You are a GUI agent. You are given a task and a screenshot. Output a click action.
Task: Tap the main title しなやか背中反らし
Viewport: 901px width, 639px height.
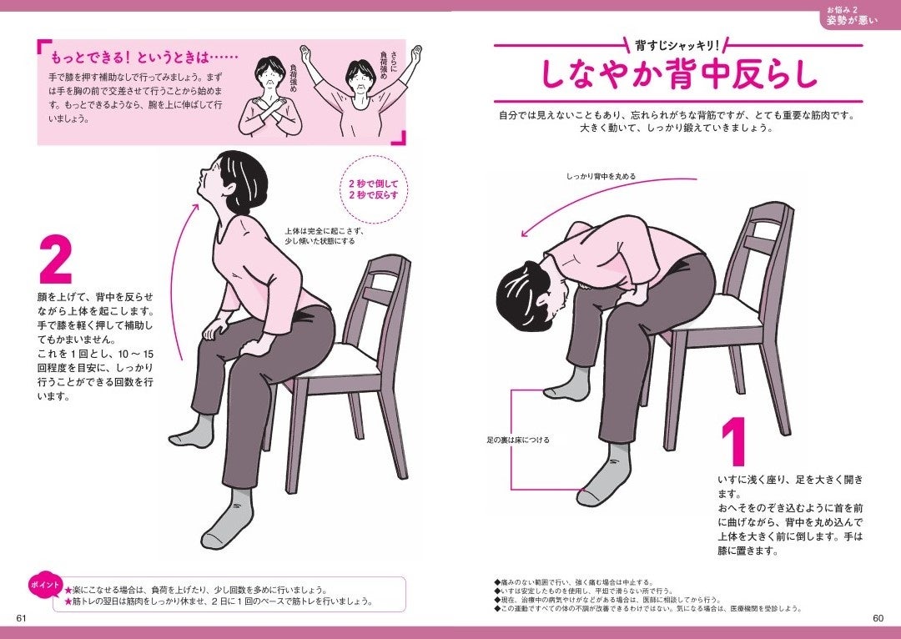pos(678,75)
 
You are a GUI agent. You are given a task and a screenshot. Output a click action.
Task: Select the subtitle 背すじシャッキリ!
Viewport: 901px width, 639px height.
pos(677,43)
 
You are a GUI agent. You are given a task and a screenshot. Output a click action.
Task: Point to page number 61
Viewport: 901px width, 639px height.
pos(23,617)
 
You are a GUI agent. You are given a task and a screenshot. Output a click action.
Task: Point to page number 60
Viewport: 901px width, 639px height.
pos(877,618)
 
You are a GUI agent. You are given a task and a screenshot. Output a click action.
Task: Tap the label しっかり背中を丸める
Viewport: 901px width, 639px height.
pos(601,177)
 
